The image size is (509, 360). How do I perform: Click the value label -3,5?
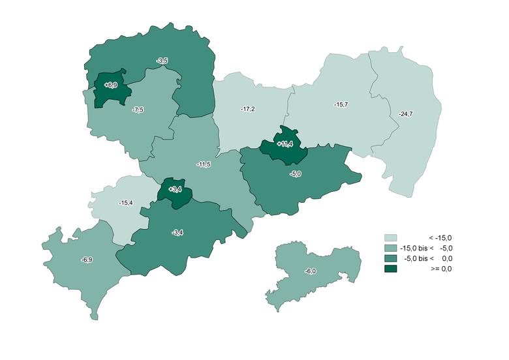[162, 61]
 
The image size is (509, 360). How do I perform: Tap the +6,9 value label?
[110, 85]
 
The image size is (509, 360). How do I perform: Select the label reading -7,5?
[138, 110]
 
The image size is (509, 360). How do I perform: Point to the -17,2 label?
[247, 108]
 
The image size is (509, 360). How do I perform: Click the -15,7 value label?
[341, 104]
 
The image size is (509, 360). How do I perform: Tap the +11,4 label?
[285, 143]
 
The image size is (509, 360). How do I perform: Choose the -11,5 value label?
[204, 165]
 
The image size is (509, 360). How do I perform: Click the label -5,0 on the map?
[296, 174]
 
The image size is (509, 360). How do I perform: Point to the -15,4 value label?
[126, 203]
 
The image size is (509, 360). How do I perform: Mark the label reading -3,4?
[177, 232]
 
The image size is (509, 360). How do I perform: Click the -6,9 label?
[87, 260]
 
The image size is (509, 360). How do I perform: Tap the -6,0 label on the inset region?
[311, 271]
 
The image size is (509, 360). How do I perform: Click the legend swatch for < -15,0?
[391, 238]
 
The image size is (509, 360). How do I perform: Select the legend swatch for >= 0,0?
[391, 268]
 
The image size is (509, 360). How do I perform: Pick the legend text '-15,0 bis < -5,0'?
[427, 248]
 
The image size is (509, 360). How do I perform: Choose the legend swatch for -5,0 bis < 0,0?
[391, 258]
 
